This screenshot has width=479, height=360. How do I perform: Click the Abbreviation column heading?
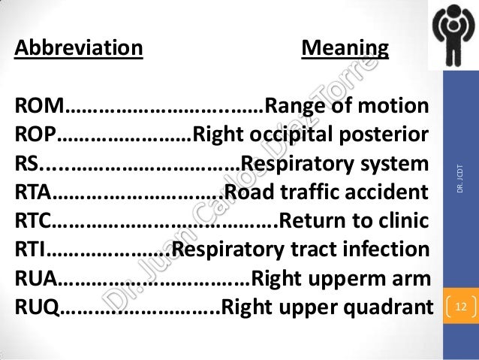click(79, 50)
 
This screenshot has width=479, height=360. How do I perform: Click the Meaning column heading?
click(345, 50)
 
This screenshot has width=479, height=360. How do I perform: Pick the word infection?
click(392, 250)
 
